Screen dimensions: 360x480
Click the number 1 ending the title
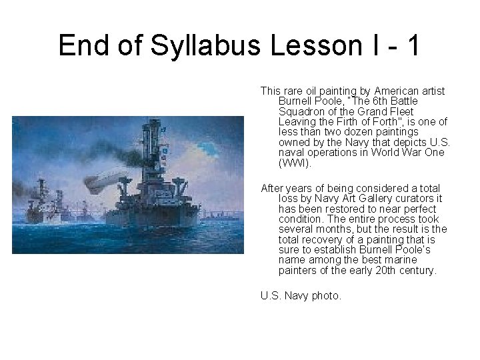point(413,45)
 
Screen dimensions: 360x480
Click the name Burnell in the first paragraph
point(295,101)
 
